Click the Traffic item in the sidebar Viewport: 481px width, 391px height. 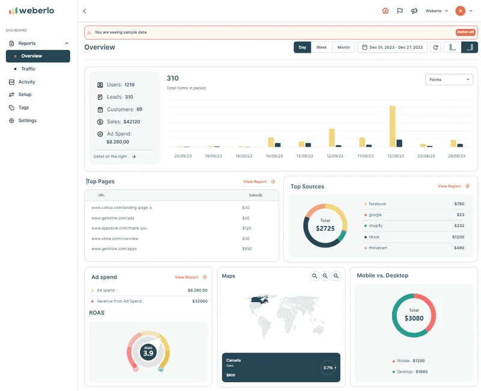(28, 69)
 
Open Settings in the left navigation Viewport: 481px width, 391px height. (27, 121)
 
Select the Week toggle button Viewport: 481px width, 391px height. (322, 47)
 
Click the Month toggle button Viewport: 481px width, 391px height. (343, 47)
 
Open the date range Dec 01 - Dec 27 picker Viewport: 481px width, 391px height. (393, 47)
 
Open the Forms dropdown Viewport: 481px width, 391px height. (449, 79)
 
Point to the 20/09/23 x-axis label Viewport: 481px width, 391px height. (183, 156)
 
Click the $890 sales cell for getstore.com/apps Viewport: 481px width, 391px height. (247, 248)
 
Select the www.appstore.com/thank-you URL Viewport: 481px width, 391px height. (119, 228)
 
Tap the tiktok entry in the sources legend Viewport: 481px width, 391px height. (374, 237)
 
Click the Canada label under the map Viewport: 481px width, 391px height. (233, 360)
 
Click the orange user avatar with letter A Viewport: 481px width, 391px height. (461, 11)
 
